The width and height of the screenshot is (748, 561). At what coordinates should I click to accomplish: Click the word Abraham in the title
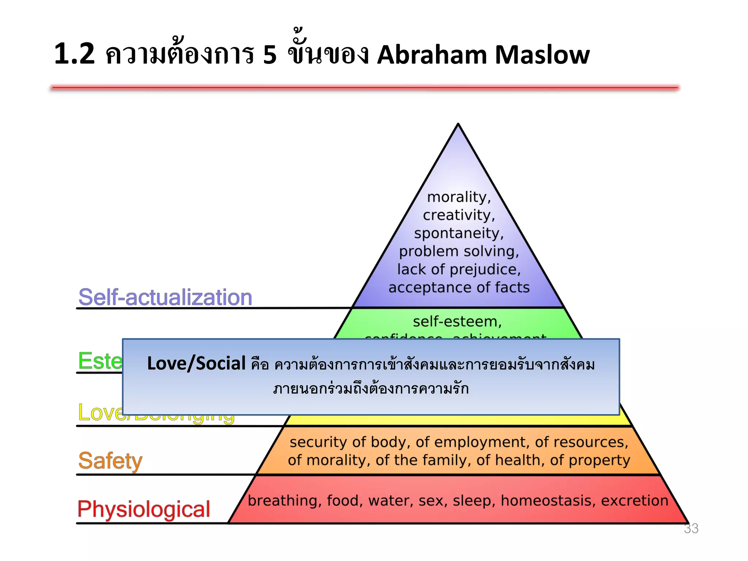coord(432,55)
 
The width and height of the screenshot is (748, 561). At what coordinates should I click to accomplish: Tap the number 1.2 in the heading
coord(75,54)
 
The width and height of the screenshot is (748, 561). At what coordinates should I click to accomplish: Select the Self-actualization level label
coord(165,297)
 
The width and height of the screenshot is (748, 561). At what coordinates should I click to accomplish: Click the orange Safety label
coord(110,461)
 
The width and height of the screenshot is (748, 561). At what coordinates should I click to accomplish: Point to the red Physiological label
coord(144,509)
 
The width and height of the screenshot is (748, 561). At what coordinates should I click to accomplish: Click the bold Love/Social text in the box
coord(196,363)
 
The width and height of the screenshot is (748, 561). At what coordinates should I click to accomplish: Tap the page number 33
coord(691,528)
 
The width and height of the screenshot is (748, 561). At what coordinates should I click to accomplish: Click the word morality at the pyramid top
coord(458,197)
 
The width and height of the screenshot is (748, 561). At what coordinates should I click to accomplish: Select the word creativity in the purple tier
coord(458,215)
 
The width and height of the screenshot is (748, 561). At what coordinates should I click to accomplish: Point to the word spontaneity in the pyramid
coord(458,233)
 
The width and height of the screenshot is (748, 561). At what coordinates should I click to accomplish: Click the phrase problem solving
coord(458,251)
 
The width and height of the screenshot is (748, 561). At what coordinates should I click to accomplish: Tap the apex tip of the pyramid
coord(458,125)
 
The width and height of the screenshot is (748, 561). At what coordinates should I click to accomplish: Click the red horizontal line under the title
coord(365,88)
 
